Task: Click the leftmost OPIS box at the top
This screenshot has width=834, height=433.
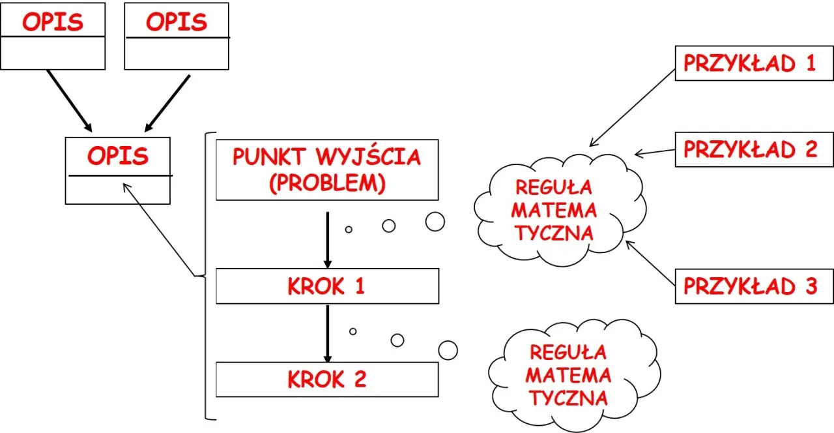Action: point(53,36)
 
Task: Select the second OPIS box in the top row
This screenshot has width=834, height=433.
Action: point(176,36)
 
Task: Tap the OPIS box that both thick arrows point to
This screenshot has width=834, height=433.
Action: point(118,170)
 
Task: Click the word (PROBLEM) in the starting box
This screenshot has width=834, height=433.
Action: point(326,183)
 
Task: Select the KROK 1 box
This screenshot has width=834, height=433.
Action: point(327,286)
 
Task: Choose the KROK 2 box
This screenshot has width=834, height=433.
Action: point(327,380)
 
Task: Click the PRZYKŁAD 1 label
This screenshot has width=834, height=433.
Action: point(754,63)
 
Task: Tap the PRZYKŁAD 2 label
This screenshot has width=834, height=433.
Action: point(754,149)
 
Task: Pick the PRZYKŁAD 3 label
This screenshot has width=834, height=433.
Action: point(754,286)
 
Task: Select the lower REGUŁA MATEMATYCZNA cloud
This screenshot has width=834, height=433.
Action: point(568,375)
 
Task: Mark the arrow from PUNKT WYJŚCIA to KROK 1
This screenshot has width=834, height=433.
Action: point(328,239)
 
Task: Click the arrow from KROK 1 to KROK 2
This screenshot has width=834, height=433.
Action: point(328,333)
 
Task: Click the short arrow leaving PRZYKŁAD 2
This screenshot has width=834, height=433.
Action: point(655,152)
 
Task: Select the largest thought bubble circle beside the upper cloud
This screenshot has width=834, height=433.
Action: point(435,222)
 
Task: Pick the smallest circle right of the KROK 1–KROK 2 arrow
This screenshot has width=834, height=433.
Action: point(352,331)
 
